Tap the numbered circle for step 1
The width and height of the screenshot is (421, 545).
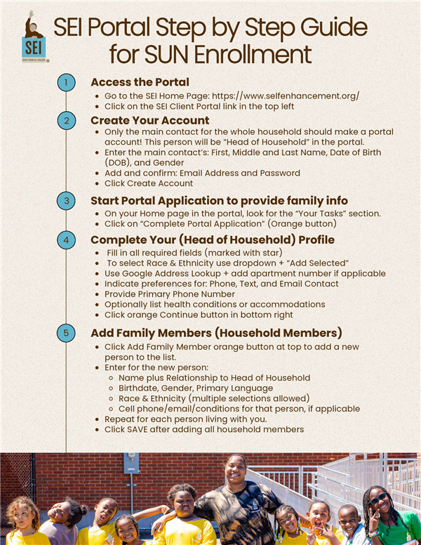65,83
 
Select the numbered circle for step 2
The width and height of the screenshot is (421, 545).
65,121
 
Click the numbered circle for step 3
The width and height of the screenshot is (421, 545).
65,202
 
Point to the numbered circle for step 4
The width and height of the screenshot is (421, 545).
65,239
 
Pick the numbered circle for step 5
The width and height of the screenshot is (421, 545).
65,332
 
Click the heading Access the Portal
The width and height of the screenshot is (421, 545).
140,81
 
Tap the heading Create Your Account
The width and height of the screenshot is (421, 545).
150,120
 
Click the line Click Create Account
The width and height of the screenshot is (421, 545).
149,183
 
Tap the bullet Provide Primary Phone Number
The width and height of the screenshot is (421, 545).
169,294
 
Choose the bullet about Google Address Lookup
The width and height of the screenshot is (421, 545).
245,272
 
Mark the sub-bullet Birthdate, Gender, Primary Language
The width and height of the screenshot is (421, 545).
196,388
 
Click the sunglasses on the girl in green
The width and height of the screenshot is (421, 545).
378,500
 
